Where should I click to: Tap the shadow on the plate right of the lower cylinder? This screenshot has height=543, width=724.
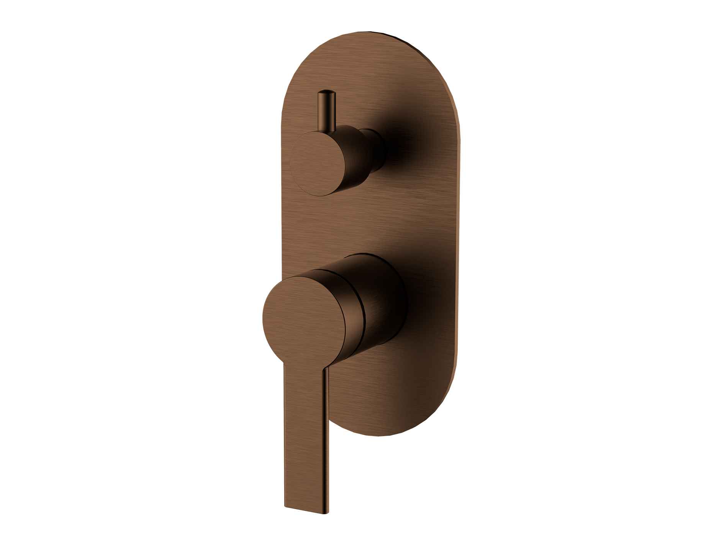(416, 303)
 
